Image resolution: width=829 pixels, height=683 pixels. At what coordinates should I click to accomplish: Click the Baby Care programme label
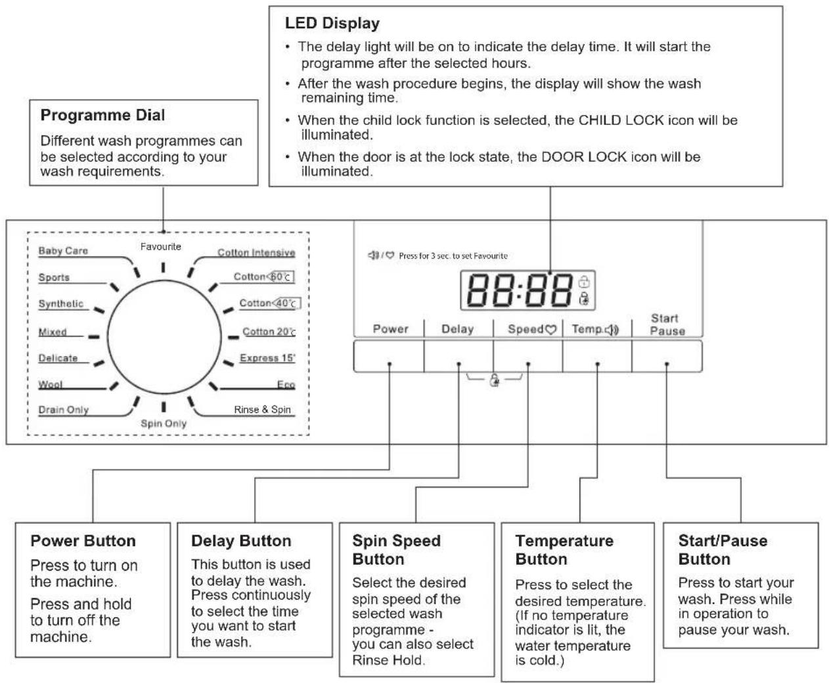63,250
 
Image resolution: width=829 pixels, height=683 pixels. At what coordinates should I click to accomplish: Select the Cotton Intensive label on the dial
256,252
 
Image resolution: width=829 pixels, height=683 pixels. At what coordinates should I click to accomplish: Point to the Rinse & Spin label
262,409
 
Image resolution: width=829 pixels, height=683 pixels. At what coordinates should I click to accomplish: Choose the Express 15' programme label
267,357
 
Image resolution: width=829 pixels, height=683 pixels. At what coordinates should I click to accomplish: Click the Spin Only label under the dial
164,424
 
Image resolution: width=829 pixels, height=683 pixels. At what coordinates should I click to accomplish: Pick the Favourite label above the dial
160,246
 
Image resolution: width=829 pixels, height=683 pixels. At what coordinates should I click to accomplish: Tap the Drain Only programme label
64,410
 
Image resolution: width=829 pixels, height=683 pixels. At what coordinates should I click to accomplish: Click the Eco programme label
286,384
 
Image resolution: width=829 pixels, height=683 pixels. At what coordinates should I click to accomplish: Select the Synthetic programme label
60,303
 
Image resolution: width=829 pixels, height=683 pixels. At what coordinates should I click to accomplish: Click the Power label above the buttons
391,328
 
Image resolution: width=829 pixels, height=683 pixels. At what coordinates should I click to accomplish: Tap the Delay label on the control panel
458,329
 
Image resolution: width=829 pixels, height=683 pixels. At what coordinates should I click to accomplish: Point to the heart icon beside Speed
550,330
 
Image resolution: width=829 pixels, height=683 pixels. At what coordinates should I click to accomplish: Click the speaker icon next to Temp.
612,330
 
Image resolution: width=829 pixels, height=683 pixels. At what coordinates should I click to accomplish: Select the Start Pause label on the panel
667,324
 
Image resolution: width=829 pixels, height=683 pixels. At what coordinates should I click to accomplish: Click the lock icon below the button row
494,380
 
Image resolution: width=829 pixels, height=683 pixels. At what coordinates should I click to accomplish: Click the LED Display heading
332,23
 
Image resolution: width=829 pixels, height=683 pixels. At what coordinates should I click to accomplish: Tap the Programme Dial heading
102,115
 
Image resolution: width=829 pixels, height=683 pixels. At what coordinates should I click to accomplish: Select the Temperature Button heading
564,550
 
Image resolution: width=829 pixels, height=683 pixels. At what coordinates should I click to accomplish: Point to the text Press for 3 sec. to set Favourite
453,256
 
